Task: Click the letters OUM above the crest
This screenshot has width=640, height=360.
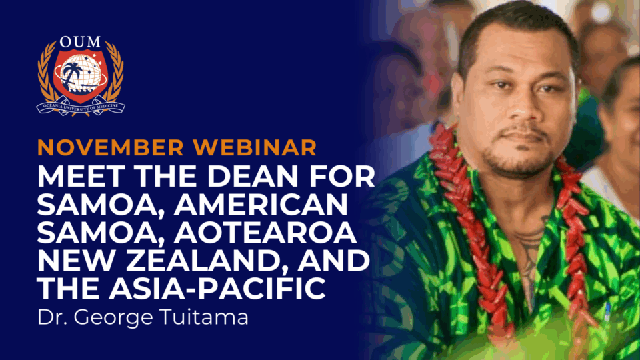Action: pos(80,42)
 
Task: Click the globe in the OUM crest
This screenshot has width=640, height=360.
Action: pos(81,74)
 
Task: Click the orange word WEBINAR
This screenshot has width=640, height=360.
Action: pos(255,147)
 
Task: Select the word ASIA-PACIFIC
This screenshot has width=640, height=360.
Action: pos(217,288)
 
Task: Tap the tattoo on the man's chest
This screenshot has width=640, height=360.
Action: pos(531,249)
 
